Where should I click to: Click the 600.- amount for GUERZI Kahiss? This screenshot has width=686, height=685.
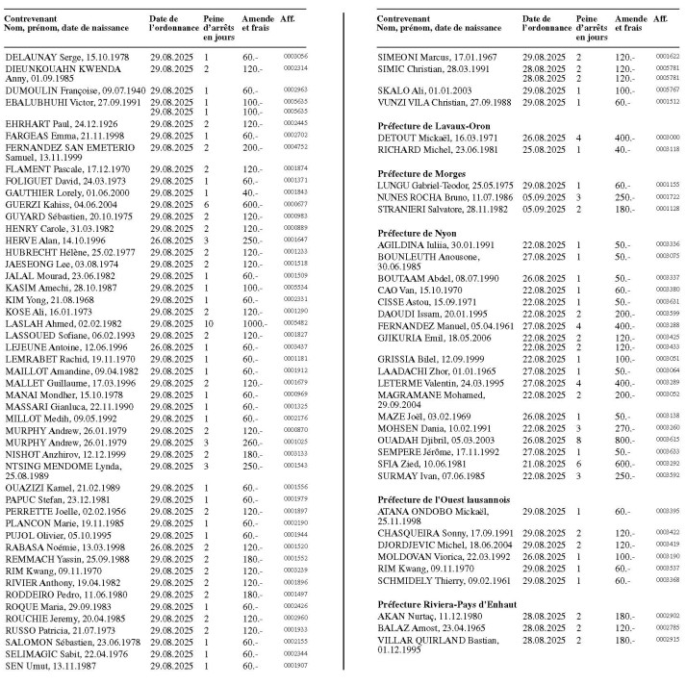252,203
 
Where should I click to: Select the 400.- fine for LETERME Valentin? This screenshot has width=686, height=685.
627,382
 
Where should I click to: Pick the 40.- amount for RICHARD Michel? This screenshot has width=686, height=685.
625,149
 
